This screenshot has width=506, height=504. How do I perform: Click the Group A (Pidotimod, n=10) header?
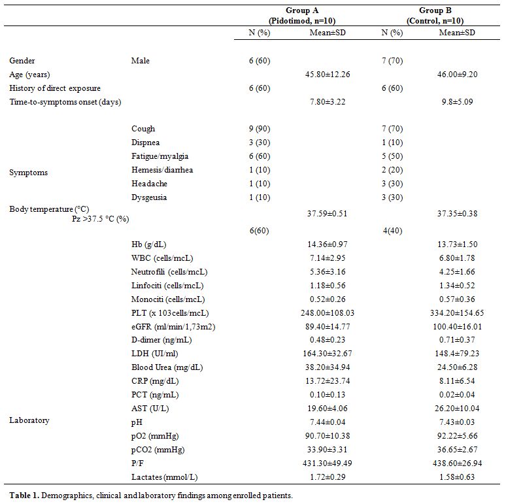click(x=302, y=16)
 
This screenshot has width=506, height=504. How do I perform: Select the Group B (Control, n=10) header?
click(x=435, y=16)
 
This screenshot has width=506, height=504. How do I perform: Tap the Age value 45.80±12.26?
click(x=328, y=75)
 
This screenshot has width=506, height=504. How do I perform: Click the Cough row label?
click(x=143, y=129)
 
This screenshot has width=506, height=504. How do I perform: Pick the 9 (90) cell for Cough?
click(x=260, y=129)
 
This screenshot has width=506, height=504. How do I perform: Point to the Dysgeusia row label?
click(x=149, y=197)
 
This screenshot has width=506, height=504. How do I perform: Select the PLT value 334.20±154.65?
click(x=457, y=313)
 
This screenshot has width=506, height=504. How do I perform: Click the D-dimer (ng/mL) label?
click(x=161, y=340)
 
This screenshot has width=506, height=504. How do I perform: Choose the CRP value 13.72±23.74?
click(x=328, y=381)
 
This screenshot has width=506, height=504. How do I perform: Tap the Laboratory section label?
click(x=29, y=420)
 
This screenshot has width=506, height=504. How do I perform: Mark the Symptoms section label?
click(x=28, y=173)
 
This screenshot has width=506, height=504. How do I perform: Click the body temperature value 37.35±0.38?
click(x=457, y=214)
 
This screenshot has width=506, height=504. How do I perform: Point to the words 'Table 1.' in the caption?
click(x=24, y=496)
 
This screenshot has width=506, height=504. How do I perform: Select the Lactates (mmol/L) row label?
click(x=164, y=477)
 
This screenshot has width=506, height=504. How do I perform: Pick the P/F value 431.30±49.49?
click(x=328, y=463)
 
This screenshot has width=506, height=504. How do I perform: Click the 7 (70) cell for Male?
click(x=392, y=61)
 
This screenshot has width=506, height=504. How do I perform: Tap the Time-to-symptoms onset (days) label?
click(x=65, y=102)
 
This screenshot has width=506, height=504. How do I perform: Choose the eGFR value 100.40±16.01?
click(x=457, y=327)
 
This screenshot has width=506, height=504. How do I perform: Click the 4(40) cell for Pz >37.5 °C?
click(x=392, y=231)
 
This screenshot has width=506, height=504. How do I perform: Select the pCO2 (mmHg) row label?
click(x=158, y=450)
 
